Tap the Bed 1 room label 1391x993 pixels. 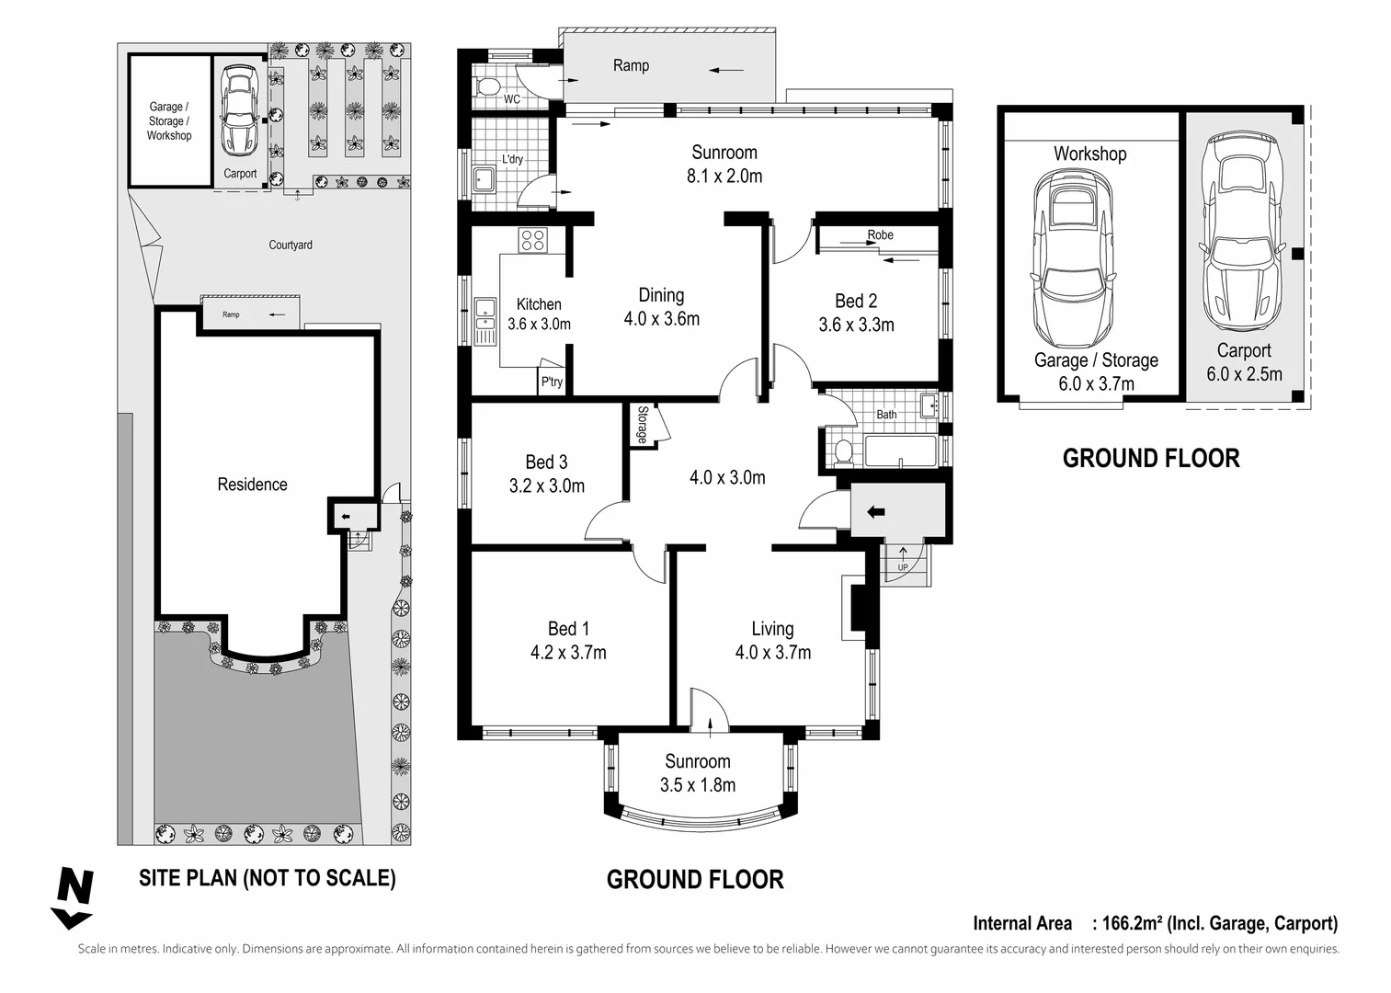click(x=567, y=629)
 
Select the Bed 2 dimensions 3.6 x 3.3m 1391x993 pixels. click(x=855, y=325)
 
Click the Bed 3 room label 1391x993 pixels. click(x=546, y=462)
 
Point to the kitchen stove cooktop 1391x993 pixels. click(x=533, y=240)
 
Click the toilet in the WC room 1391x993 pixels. click(x=488, y=88)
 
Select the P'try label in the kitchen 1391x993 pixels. click(x=552, y=382)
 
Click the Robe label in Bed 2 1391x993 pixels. click(x=880, y=234)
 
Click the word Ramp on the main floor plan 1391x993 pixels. click(x=631, y=65)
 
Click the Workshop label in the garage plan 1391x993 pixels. click(x=1089, y=154)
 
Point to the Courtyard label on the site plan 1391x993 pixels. click(x=291, y=245)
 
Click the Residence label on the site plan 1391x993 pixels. click(x=252, y=485)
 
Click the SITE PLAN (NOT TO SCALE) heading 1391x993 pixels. click(x=267, y=878)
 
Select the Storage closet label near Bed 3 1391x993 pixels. click(x=642, y=425)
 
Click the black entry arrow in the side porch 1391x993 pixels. click(x=873, y=512)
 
